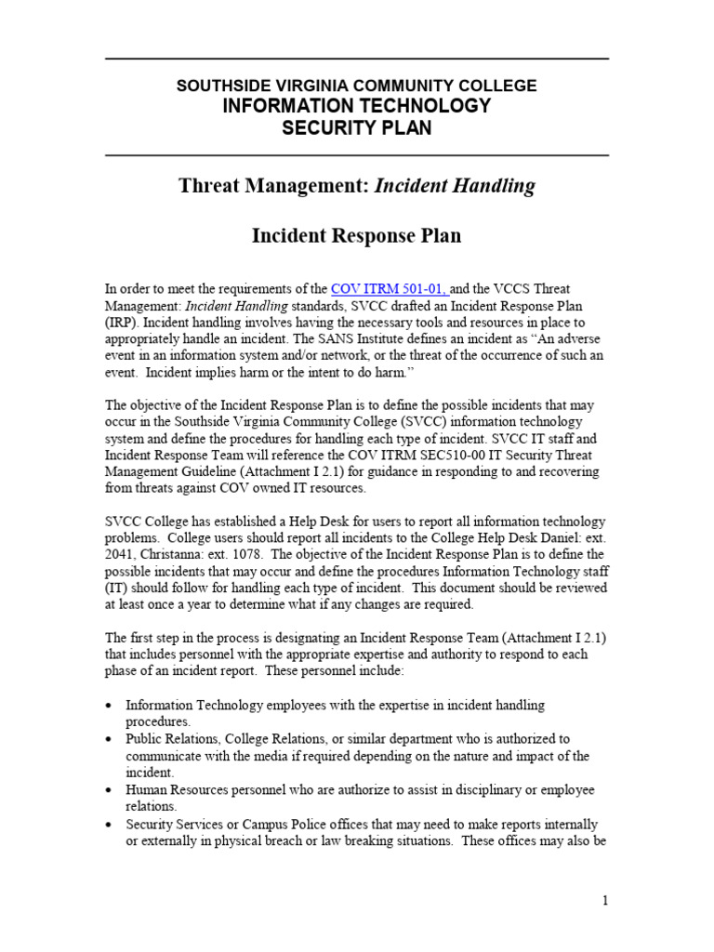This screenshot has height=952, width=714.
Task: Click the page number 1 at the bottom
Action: click(604, 901)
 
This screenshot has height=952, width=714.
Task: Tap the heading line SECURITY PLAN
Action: click(357, 128)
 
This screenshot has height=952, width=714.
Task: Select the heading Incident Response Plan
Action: click(357, 236)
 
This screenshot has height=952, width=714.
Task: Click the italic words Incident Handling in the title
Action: click(455, 186)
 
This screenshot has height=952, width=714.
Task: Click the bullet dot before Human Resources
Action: click(112, 790)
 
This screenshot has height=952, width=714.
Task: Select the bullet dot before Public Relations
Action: click(112, 739)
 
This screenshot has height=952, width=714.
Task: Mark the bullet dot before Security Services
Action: click(112, 825)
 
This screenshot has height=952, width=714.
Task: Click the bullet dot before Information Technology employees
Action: click(112, 706)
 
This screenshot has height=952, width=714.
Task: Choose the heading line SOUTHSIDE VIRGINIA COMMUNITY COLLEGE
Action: click(357, 86)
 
